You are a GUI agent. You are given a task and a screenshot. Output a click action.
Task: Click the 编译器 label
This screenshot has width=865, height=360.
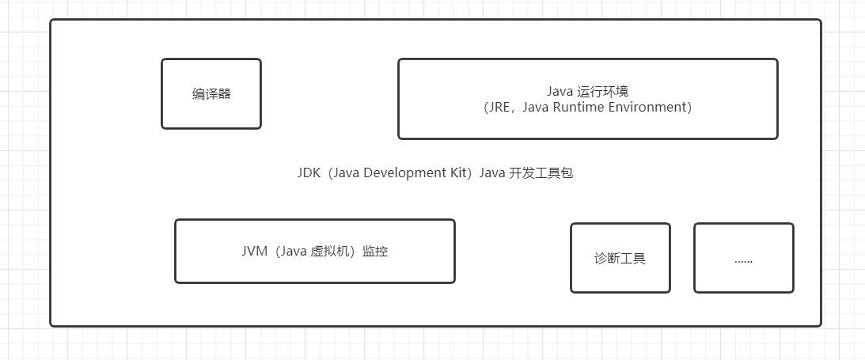click(211, 94)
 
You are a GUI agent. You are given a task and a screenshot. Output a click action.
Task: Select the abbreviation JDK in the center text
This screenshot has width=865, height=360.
click(309, 173)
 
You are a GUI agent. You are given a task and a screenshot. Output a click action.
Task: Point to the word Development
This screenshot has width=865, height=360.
click(402, 173)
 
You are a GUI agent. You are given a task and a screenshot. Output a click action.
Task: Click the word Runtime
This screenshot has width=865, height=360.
click(586, 108)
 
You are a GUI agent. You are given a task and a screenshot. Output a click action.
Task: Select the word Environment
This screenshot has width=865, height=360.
click(654, 108)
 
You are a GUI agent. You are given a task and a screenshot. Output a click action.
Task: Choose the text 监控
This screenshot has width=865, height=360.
click(375, 252)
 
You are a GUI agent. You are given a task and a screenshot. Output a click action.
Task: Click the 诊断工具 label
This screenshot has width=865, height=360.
click(620, 258)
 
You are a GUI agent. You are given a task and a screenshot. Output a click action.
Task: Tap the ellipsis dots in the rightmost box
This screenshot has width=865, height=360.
click(743, 260)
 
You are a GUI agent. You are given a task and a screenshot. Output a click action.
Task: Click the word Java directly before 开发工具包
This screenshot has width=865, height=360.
click(496, 173)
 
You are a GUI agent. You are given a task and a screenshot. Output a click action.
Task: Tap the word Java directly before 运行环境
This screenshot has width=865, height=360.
click(560, 92)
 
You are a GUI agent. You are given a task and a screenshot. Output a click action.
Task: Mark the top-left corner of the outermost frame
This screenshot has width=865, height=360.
click(51, 21)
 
